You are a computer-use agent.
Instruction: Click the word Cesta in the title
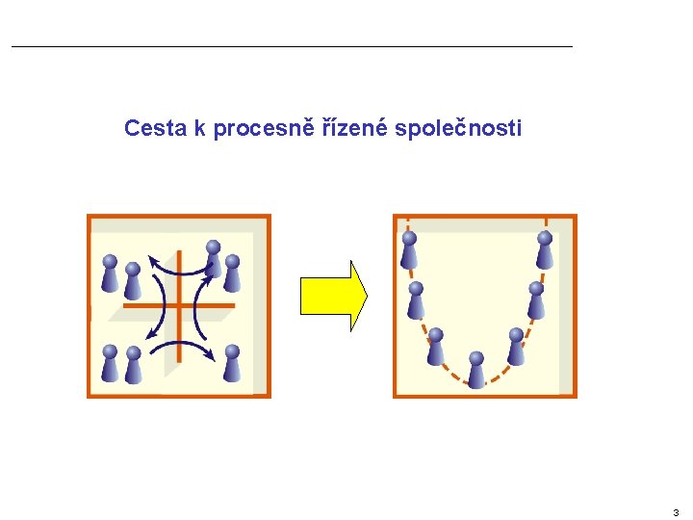(x=156, y=128)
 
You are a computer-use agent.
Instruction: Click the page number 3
(x=676, y=512)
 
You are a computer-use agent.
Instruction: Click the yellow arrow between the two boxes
(x=333, y=296)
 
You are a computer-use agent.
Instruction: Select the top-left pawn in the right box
(x=409, y=250)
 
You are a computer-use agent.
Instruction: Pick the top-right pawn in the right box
(x=545, y=250)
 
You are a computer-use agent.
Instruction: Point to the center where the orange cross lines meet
(x=179, y=306)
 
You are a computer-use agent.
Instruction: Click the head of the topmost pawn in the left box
(x=214, y=247)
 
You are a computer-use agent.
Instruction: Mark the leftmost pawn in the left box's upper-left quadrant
(x=110, y=273)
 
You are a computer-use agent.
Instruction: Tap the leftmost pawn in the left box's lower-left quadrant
(x=110, y=364)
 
